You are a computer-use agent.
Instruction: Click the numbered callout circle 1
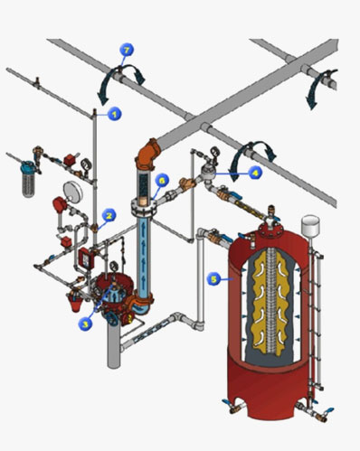coord(115,113)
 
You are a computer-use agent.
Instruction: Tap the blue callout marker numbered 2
coord(109,215)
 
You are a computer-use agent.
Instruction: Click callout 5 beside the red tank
coord(213,279)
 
